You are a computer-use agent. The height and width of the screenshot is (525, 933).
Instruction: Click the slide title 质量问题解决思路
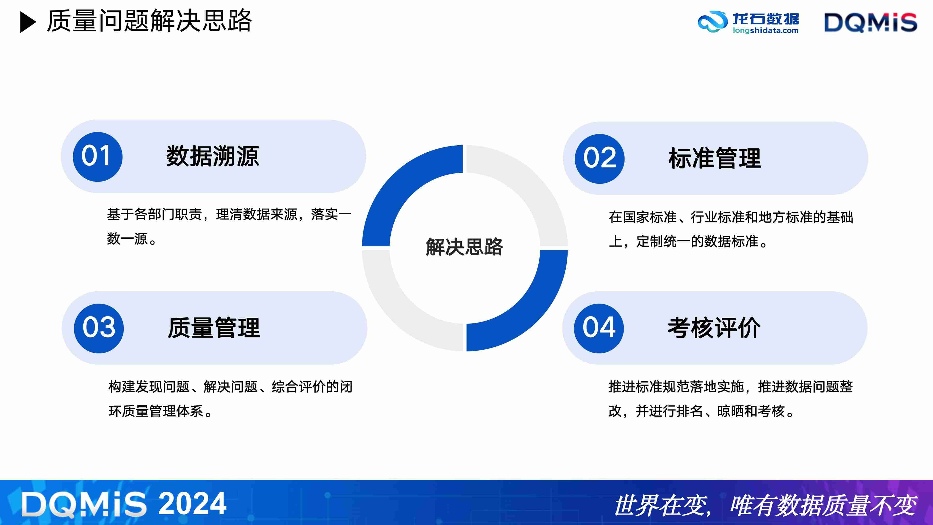point(149,21)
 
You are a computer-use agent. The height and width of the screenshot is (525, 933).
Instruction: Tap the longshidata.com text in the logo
point(765,31)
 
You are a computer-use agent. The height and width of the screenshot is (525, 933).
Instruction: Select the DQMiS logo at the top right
point(870,22)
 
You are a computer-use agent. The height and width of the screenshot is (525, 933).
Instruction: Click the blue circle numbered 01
point(97,157)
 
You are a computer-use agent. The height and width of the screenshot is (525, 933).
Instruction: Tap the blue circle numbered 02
point(599,159)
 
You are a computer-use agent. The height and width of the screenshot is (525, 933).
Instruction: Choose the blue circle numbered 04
point(599,328)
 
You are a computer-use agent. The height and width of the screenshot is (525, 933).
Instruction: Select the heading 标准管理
point(714,158)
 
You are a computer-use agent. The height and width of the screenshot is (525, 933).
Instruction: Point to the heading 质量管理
point(214,328)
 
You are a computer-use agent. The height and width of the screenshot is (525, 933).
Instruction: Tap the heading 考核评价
point(714,328)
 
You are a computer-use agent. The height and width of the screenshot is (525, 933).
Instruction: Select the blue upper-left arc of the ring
point(398,181)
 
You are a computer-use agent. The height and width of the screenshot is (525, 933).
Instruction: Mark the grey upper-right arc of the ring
point(531,181)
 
